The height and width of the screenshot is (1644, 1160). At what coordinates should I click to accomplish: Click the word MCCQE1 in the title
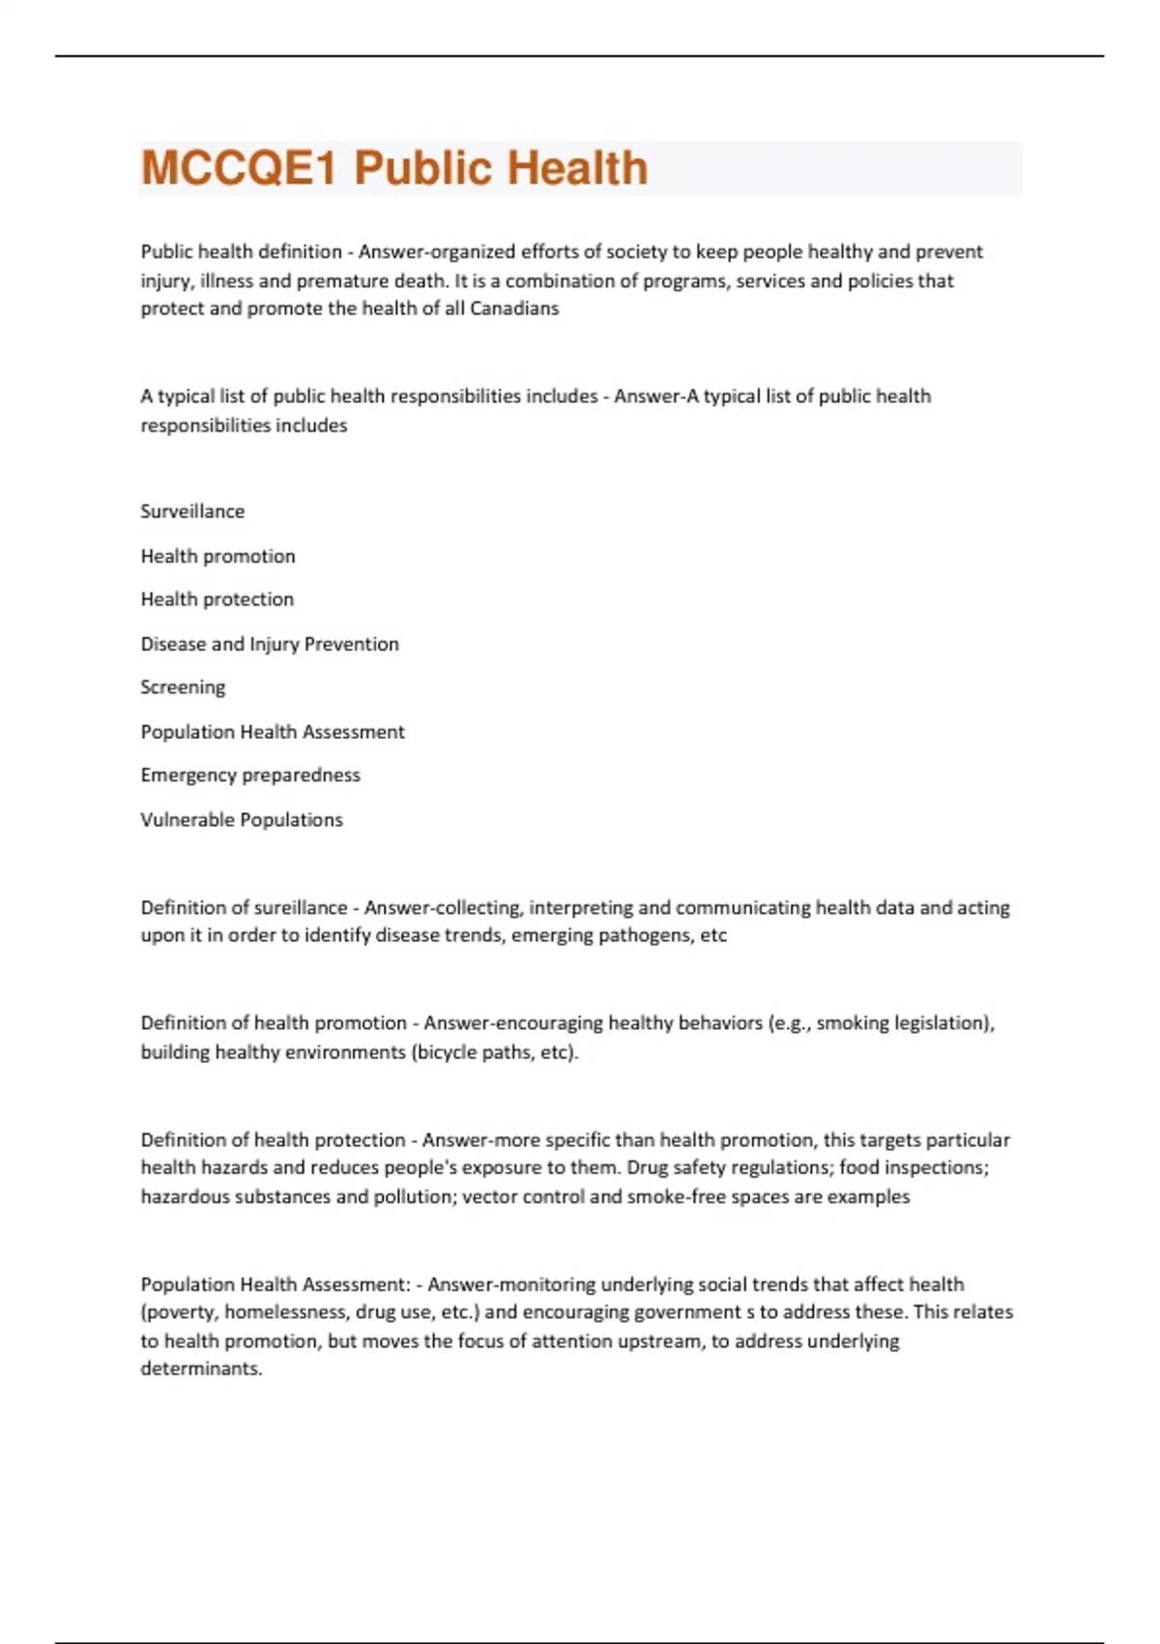click(239, 167)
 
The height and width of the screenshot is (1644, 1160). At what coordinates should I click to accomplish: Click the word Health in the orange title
click(577, 167)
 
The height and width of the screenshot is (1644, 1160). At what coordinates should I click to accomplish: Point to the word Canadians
click(514, 308)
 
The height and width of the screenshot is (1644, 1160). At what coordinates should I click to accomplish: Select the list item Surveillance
click(192, 512)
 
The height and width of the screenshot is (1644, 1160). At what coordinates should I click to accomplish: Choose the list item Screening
click(183, 688)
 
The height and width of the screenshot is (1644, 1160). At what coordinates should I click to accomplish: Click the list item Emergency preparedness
click(250, 776)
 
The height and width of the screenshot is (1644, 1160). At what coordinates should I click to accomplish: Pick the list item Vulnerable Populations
click(242, 820)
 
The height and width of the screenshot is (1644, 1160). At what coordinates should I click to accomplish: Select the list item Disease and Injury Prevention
click(270, 644)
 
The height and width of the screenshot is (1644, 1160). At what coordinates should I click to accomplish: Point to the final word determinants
click(201, 1369)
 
